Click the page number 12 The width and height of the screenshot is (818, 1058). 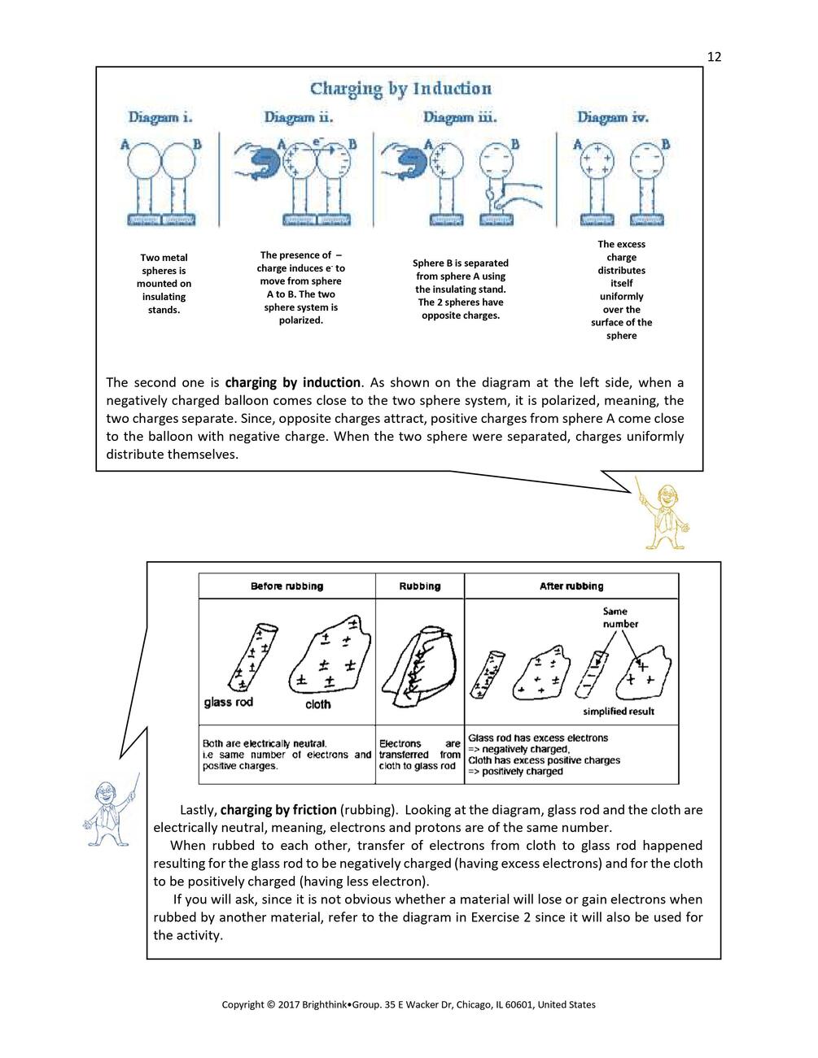(x=714, y=56)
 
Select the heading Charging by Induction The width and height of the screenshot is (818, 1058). (x=400, y=89)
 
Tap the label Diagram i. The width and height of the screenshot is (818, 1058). (x=160, y=118)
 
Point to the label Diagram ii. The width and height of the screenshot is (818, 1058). (x=299, y=118)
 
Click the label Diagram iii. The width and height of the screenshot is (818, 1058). (x=460, y=118)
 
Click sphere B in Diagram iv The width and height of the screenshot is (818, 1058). (x=647, y=159)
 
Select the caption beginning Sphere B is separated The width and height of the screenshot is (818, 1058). (x=460, y=289)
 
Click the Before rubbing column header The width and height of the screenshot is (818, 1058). (x=287, y=586)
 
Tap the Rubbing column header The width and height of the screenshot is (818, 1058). (x=420, y=586)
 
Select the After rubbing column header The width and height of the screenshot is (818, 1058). (x=571, y=586)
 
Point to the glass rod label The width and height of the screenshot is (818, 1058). (x=229, y=702)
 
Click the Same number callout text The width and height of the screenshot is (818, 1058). (x=620, y=617)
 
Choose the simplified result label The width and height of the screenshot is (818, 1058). (x=618, y=712)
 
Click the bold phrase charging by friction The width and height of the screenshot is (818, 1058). (x=278, y=810)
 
